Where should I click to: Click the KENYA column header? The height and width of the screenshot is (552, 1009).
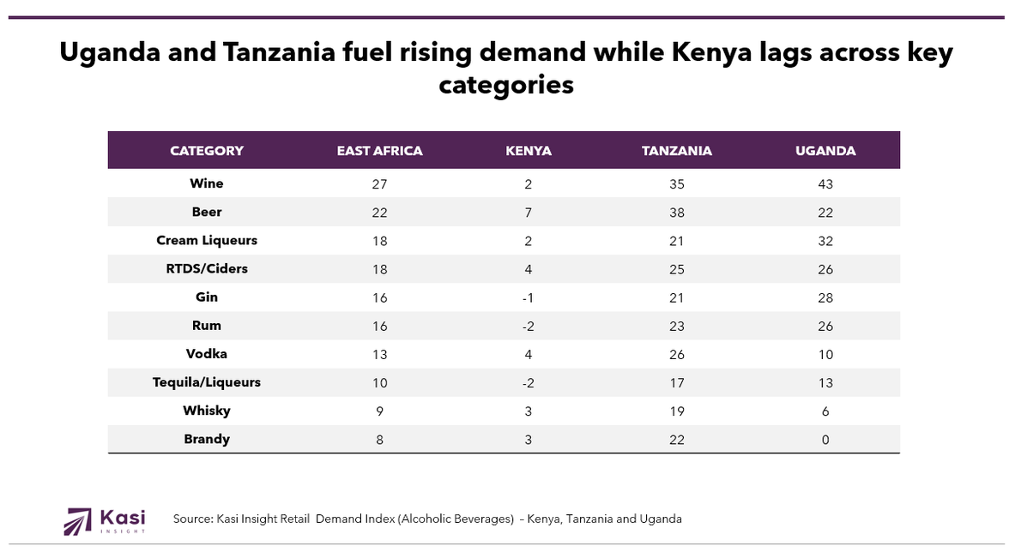529,151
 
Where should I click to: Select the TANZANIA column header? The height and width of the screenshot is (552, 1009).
677,151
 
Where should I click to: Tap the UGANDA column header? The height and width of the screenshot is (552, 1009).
825,151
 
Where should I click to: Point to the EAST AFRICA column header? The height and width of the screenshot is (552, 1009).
379,151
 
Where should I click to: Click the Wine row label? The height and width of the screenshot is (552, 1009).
207,183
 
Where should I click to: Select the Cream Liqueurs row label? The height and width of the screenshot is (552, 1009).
207,241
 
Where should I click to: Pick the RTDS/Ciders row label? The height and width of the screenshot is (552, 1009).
207,269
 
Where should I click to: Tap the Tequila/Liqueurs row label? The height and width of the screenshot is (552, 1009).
207,382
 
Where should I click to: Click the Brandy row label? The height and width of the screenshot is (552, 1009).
207,440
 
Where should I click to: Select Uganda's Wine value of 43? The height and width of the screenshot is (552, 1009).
825,184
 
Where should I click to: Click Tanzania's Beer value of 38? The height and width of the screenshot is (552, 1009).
677,213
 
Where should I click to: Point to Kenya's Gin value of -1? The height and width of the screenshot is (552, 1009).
529,297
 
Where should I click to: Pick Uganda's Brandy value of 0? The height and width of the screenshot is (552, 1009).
825,440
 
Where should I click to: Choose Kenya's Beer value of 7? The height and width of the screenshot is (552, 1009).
529,213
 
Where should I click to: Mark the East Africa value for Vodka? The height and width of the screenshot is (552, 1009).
379,354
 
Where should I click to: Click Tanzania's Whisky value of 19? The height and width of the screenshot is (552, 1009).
677,411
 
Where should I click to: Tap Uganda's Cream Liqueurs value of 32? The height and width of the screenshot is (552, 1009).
825,241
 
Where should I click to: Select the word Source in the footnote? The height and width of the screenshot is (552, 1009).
192,519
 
